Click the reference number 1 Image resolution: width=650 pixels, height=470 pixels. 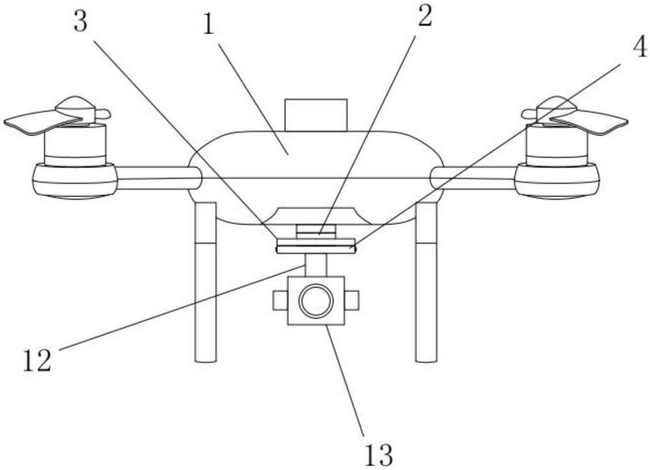point(209,24)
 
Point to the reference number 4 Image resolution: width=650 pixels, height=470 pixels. point(639,47)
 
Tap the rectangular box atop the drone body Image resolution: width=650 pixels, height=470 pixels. point(316,115)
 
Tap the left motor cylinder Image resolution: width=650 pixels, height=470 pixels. point(75,145)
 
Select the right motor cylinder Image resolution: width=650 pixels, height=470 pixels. point(557,145)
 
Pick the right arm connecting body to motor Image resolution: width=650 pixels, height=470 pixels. point(473,177)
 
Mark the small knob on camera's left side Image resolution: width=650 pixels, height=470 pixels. point(280,300)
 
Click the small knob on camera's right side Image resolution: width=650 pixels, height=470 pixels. point(352,300)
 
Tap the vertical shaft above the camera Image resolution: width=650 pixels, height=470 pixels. point(316,264)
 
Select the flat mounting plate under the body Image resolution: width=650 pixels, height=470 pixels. point(316,246)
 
